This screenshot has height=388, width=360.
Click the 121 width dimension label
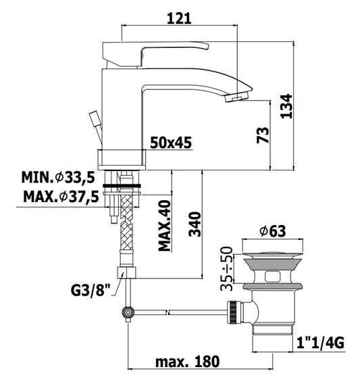click(x=179, y=18)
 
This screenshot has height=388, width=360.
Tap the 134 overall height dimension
click(x=286, y=106)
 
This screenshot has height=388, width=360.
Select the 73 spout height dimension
click(x=263, y=135)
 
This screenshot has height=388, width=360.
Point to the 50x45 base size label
click(x=171, y=143)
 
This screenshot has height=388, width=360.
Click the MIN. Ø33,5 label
click(x=58, y=177)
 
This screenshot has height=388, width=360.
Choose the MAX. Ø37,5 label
click(x=61, y=197)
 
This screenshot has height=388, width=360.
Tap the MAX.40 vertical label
click(x=164, y=225)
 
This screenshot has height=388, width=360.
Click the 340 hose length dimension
click(x=195, y=224)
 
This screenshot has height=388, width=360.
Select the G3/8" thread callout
click(x=91, y=290)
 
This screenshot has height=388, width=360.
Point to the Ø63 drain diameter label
click(x=272, y=231)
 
